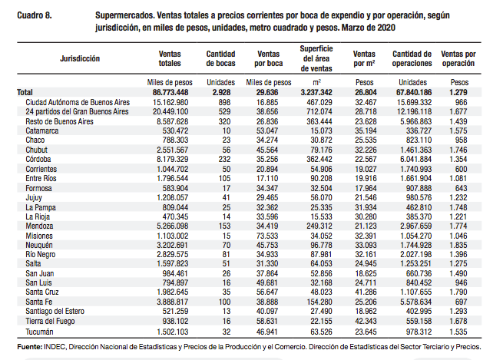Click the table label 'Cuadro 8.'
tap(35, 15)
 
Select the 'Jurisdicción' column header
tap(80, 58)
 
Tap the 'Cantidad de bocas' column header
tap(220, 58)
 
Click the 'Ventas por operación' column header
tap(458, 58)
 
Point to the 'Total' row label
tap(25, 92)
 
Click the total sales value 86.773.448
tap(170, 92)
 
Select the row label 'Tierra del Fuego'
tap(50, 321)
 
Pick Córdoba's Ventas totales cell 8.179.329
tap(173, 160)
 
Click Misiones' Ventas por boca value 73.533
tap(267, 236)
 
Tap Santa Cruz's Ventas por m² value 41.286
tap(366, 292)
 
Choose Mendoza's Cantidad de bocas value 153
tap(224, 226)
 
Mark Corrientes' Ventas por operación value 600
tap(461, 169)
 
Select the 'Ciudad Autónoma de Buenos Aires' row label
tap(78, 102)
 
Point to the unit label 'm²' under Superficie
tap(316, 82)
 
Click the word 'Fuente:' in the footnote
tap(29, 347)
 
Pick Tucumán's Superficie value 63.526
tap(322, 332)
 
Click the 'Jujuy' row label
tap(34, 198)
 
